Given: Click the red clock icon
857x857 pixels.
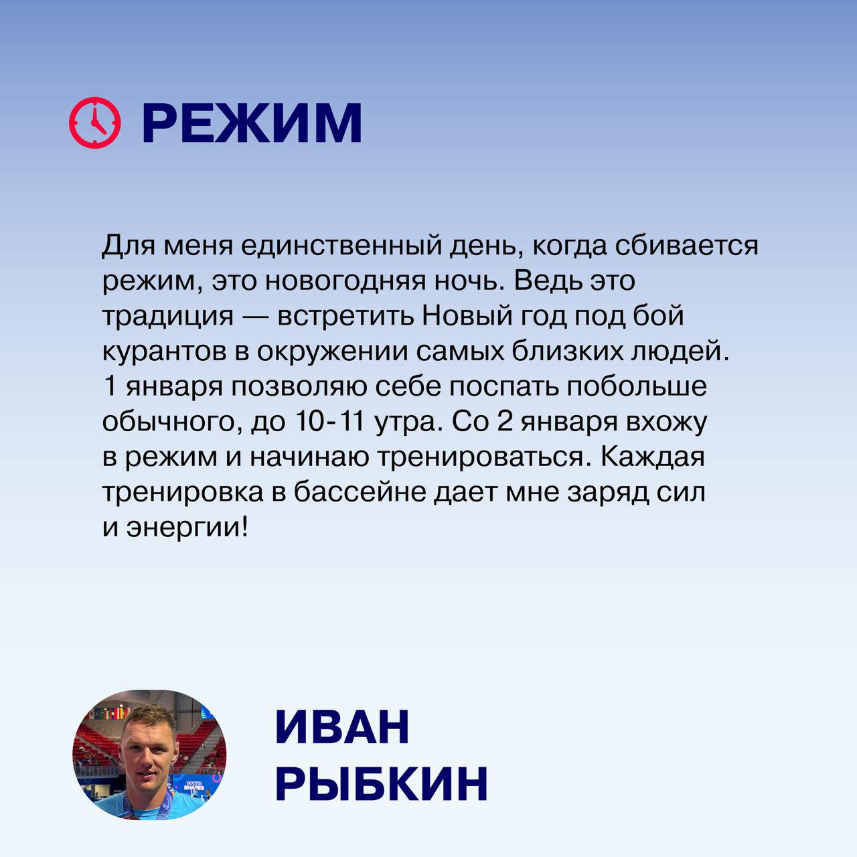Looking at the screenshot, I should click(x=95, y=123).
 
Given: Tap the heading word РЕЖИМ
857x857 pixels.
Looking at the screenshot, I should click(x=252, y=124).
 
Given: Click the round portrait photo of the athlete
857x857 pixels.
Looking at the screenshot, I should click(x=149, y=755).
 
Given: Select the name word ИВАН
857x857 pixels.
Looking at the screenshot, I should click(x=342, y=727).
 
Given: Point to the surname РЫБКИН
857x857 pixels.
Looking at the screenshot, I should click(x=381, y=784).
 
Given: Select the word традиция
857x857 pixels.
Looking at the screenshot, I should click(x=167, y=316).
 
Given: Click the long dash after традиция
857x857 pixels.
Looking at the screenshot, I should click(x=255, y=316).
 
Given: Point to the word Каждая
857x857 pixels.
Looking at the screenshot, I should click(x=652, y=457).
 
